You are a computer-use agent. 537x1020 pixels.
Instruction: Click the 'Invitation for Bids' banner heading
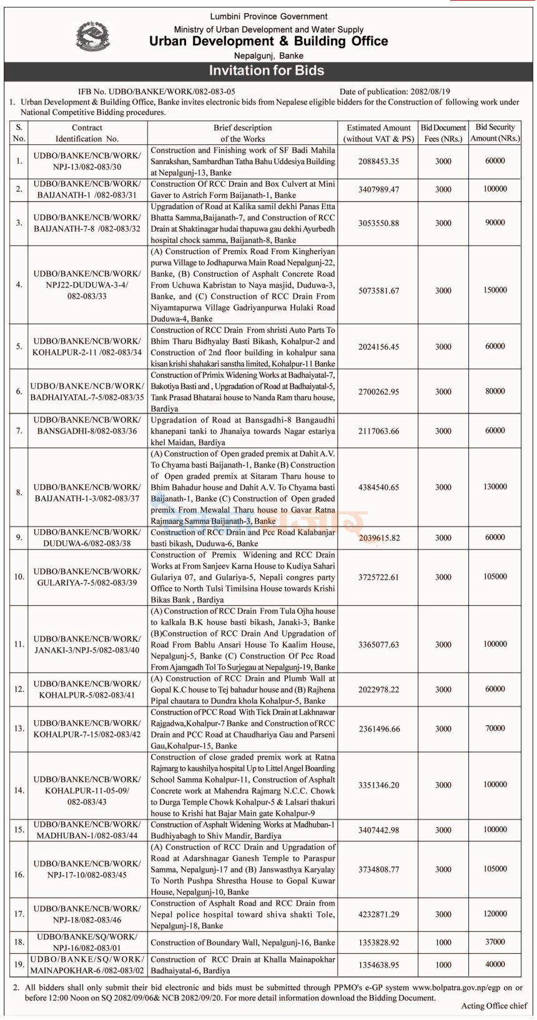pos(267,71)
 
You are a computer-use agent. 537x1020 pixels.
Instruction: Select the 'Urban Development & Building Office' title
pos(268,41)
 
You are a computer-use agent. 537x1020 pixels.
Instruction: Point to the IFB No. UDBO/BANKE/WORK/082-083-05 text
pos(156,91)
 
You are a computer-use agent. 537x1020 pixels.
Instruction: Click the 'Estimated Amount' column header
pos(378,133)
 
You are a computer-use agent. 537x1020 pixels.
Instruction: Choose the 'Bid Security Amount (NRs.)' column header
pos(495,132)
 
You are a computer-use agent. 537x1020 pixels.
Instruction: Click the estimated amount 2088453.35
pos(378,161)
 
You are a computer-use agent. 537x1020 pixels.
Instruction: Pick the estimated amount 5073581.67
pos(378,290)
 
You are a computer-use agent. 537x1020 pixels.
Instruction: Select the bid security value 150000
pos(495,290)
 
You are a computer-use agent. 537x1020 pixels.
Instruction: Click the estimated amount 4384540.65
pos(378,487)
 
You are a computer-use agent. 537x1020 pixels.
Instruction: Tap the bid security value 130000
pos(495,487)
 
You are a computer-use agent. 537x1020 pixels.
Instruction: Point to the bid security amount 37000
pos(495,942)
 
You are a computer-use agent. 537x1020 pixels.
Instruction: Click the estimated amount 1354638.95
pos(378,964)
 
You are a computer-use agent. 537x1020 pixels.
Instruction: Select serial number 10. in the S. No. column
pos(19,577)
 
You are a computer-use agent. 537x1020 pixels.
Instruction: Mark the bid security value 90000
pos(495,222)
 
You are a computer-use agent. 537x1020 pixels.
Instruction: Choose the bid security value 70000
pos(495,728)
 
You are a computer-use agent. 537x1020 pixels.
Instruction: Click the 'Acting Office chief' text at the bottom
pos(494,1006)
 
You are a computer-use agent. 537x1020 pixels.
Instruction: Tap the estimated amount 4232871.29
pos(378,914)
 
